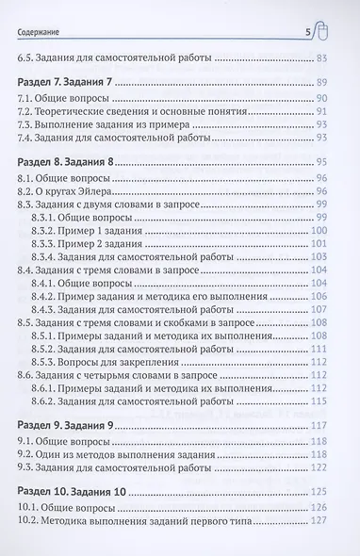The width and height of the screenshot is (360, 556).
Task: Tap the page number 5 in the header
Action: (x=309, y=35)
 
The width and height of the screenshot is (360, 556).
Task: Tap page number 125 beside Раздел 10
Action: (x=319, y=496)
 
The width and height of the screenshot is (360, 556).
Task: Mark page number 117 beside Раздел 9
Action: (x=319, y=428)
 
